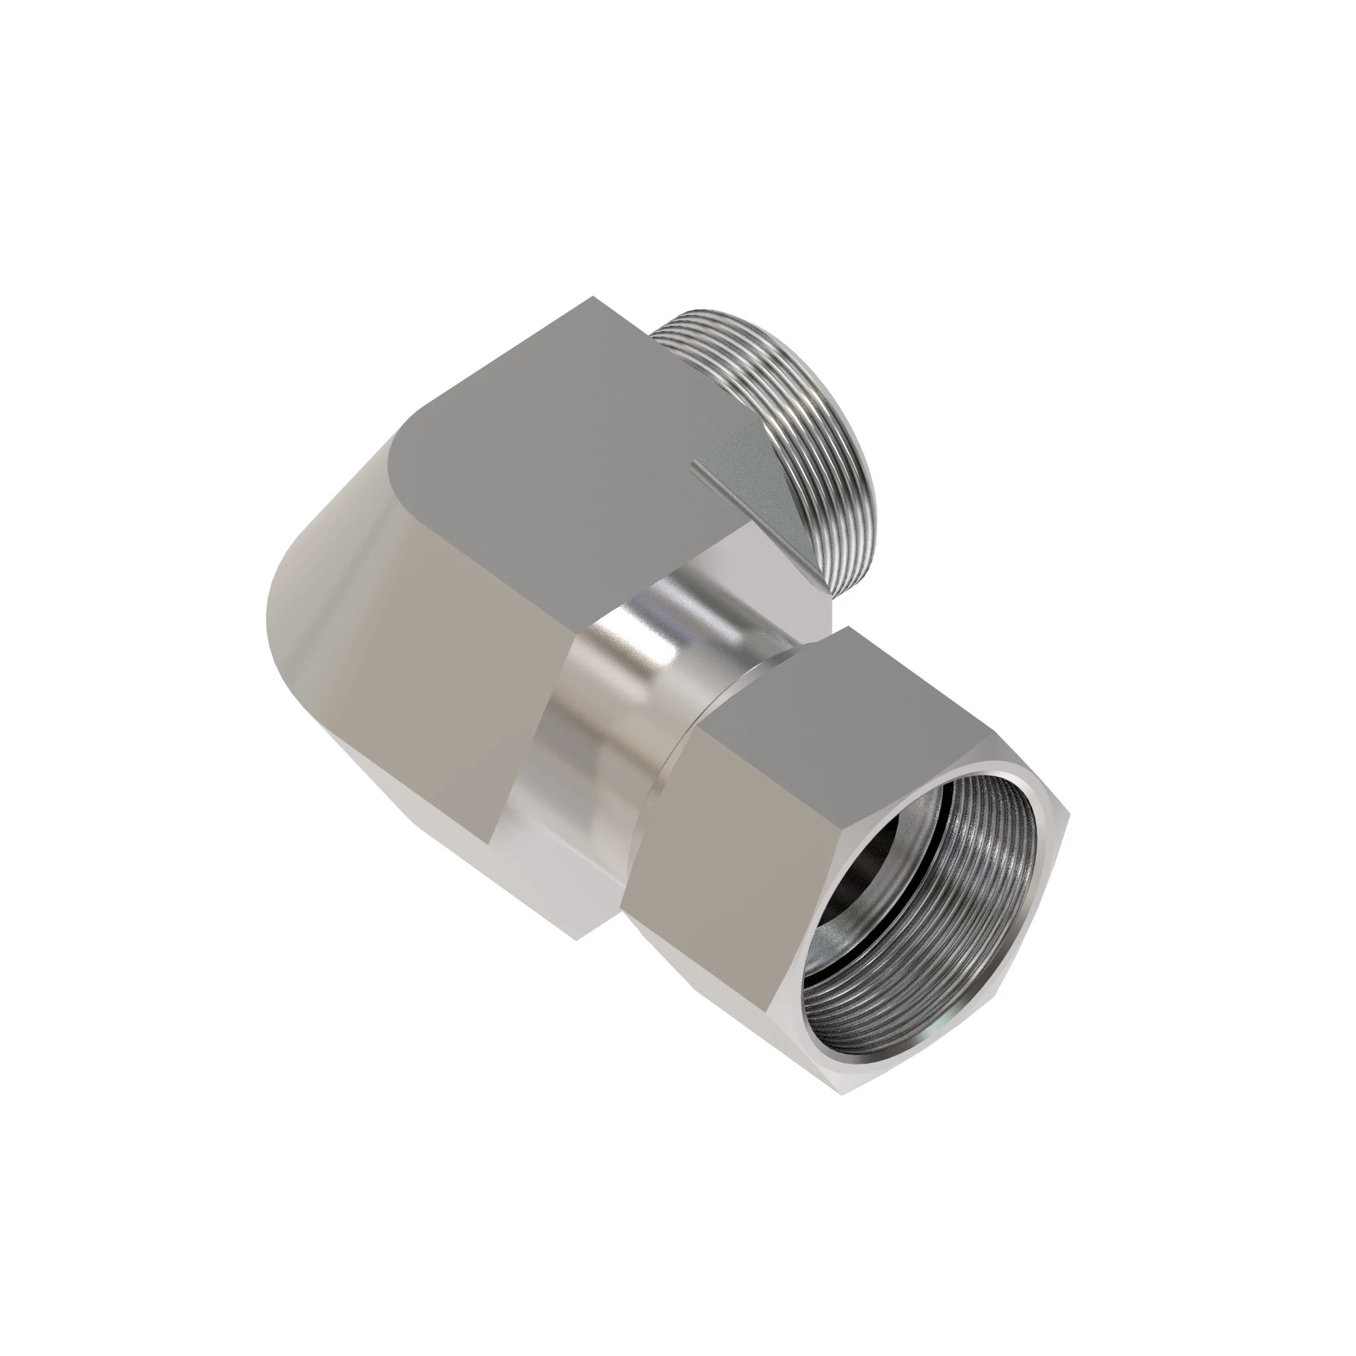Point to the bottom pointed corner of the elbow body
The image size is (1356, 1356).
(576, 940)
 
